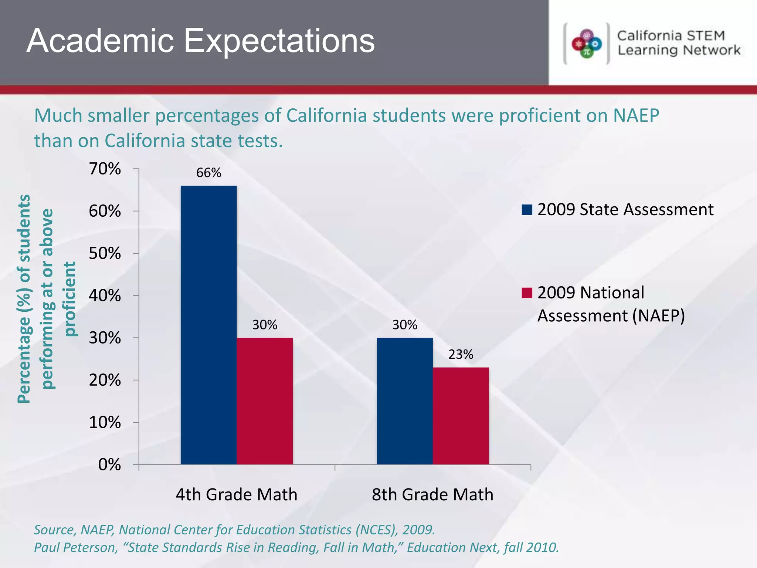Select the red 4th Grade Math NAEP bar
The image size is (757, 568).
(x=265, y=401)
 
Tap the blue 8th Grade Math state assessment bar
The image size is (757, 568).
(x=405, y=401)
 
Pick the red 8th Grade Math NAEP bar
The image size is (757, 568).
(x=461, y=416)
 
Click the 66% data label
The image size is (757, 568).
(x=208, y=173)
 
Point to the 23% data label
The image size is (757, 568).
(x=461, y=355)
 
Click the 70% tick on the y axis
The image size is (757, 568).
(x=105, y=169)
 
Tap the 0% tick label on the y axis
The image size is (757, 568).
(x=109, y=465)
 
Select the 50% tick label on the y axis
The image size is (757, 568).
(x=105, y=254)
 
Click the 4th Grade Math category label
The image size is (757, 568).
(x=236, y=495)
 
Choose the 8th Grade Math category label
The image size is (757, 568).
(x=432, y=495)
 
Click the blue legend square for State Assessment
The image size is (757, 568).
(x=527, y=210)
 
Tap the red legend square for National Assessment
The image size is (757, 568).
(x=527, y=293)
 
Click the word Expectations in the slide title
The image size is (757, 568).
(x=279, y=41)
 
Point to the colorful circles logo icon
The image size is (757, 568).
(x=587, y=44)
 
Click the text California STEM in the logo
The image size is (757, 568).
(x=671, y=36)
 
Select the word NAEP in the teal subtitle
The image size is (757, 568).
(x=636, y=116)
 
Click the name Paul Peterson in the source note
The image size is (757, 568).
(x=76, y=547)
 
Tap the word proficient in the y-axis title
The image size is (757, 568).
(x=70, y=299)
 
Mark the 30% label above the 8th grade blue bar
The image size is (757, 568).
(x=405, y=325)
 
